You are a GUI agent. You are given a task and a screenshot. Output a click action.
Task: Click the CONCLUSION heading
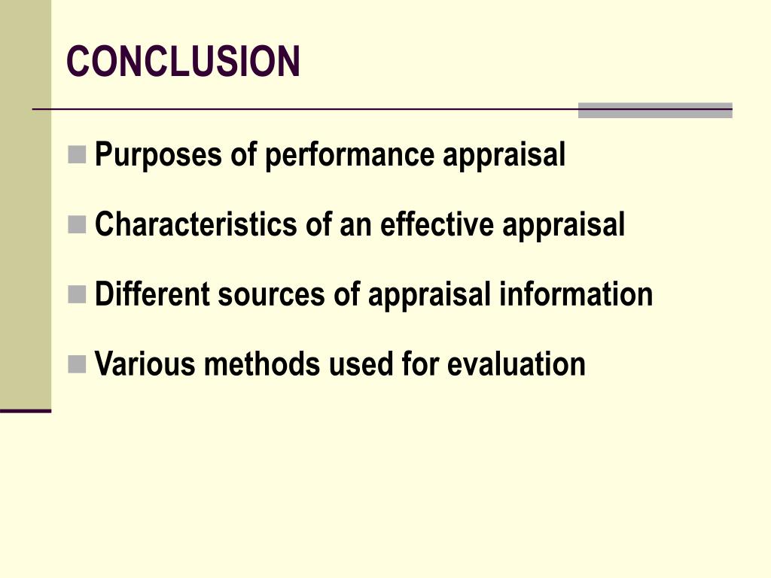[184, 62]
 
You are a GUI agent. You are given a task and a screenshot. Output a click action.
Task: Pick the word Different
[152, 294]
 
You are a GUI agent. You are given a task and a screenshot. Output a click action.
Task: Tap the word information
[576, 294]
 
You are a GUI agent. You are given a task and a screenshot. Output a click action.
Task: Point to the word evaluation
[516, 364]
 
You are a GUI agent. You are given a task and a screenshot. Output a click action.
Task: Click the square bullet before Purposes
[77, 154]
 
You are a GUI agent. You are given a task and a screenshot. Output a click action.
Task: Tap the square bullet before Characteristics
[77, 224]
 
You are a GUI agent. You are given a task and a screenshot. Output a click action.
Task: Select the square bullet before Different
[77, 294]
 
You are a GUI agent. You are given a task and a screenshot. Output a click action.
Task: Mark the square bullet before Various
[77, 364]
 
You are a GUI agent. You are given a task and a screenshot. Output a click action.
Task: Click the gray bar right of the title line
[655, 111]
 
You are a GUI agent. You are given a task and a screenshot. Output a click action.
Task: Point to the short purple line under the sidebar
[26, 411]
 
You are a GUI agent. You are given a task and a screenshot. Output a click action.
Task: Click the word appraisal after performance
[504, 155]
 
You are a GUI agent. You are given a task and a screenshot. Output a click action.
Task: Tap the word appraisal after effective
[564, 224]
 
